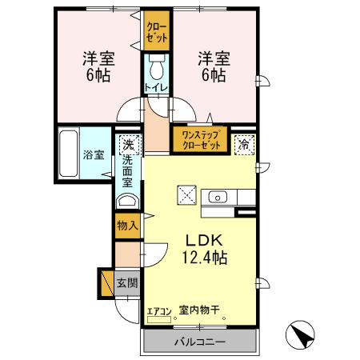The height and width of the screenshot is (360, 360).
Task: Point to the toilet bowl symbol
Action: tap(157, 63)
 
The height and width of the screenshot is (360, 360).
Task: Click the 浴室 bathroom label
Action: tap(94, 154)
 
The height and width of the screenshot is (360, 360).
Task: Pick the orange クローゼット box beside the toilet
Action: tap(155, 33)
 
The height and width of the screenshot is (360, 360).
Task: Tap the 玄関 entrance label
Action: tap(127, 282)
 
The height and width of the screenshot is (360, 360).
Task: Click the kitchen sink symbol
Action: tap(217, 197)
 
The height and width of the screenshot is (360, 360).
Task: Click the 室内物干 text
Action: tap(199, 310)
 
